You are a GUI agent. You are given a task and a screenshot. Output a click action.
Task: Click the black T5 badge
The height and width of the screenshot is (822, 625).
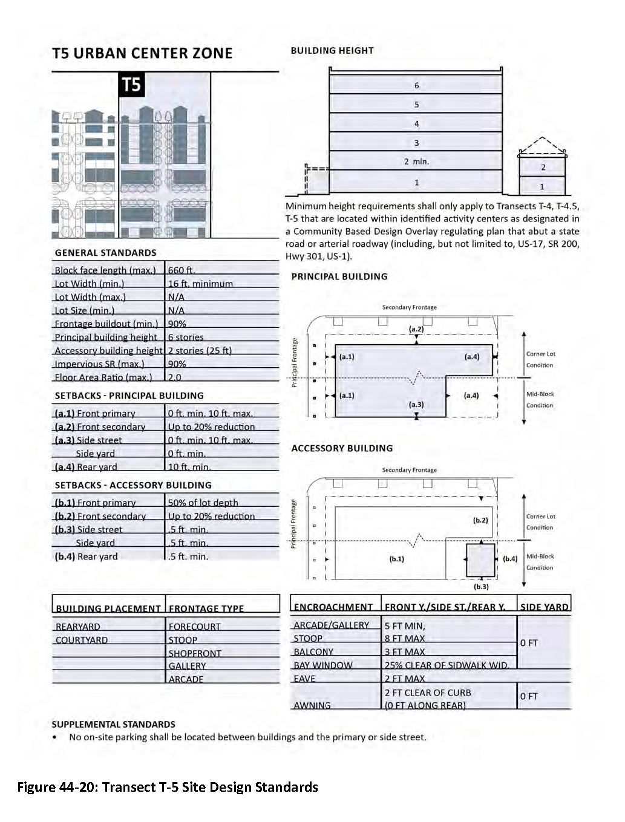point(132,85)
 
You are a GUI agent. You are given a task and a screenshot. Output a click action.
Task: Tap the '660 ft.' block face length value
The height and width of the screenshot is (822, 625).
point(182,270)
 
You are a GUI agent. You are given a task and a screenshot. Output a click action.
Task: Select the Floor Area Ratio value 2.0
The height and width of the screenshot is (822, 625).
point(174,377)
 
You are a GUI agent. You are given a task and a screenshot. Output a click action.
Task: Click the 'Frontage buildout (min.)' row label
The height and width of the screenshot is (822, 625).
point(106,324)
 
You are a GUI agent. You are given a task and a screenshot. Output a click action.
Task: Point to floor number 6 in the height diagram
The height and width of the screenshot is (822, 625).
point(416,86)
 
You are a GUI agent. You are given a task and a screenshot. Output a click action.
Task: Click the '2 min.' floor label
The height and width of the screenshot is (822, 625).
point(416,161)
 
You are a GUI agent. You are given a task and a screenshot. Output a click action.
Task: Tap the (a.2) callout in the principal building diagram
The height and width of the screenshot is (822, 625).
point(416,329)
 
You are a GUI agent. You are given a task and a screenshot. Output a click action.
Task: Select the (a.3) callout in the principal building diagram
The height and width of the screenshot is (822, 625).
point(416,405)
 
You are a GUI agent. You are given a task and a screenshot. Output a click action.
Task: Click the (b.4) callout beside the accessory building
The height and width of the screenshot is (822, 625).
point(510,559)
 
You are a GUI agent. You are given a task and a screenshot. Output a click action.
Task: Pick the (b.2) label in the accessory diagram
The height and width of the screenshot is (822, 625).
point(480,520)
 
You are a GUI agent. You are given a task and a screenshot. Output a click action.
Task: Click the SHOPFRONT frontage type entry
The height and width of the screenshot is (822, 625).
point(195,653)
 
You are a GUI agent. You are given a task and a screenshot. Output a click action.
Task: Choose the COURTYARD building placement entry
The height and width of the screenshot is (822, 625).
point(82,640)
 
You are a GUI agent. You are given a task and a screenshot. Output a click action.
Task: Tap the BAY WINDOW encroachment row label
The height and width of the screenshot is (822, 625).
point(322,665)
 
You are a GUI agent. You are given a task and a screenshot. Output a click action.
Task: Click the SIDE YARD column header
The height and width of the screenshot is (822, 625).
point(544,607)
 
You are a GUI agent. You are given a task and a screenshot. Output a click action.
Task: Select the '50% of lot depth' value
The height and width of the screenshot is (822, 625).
point(203,503)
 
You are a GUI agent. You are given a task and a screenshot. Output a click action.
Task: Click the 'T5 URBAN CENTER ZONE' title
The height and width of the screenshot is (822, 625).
point(142,53)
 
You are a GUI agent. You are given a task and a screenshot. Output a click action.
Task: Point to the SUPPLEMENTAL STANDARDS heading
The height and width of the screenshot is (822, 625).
point(113,724)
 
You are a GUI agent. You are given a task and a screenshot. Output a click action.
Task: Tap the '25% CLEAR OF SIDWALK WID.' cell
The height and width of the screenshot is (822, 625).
point(447,665)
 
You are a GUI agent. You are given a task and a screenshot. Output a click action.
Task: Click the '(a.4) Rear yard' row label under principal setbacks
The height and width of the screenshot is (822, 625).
point(86,467)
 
